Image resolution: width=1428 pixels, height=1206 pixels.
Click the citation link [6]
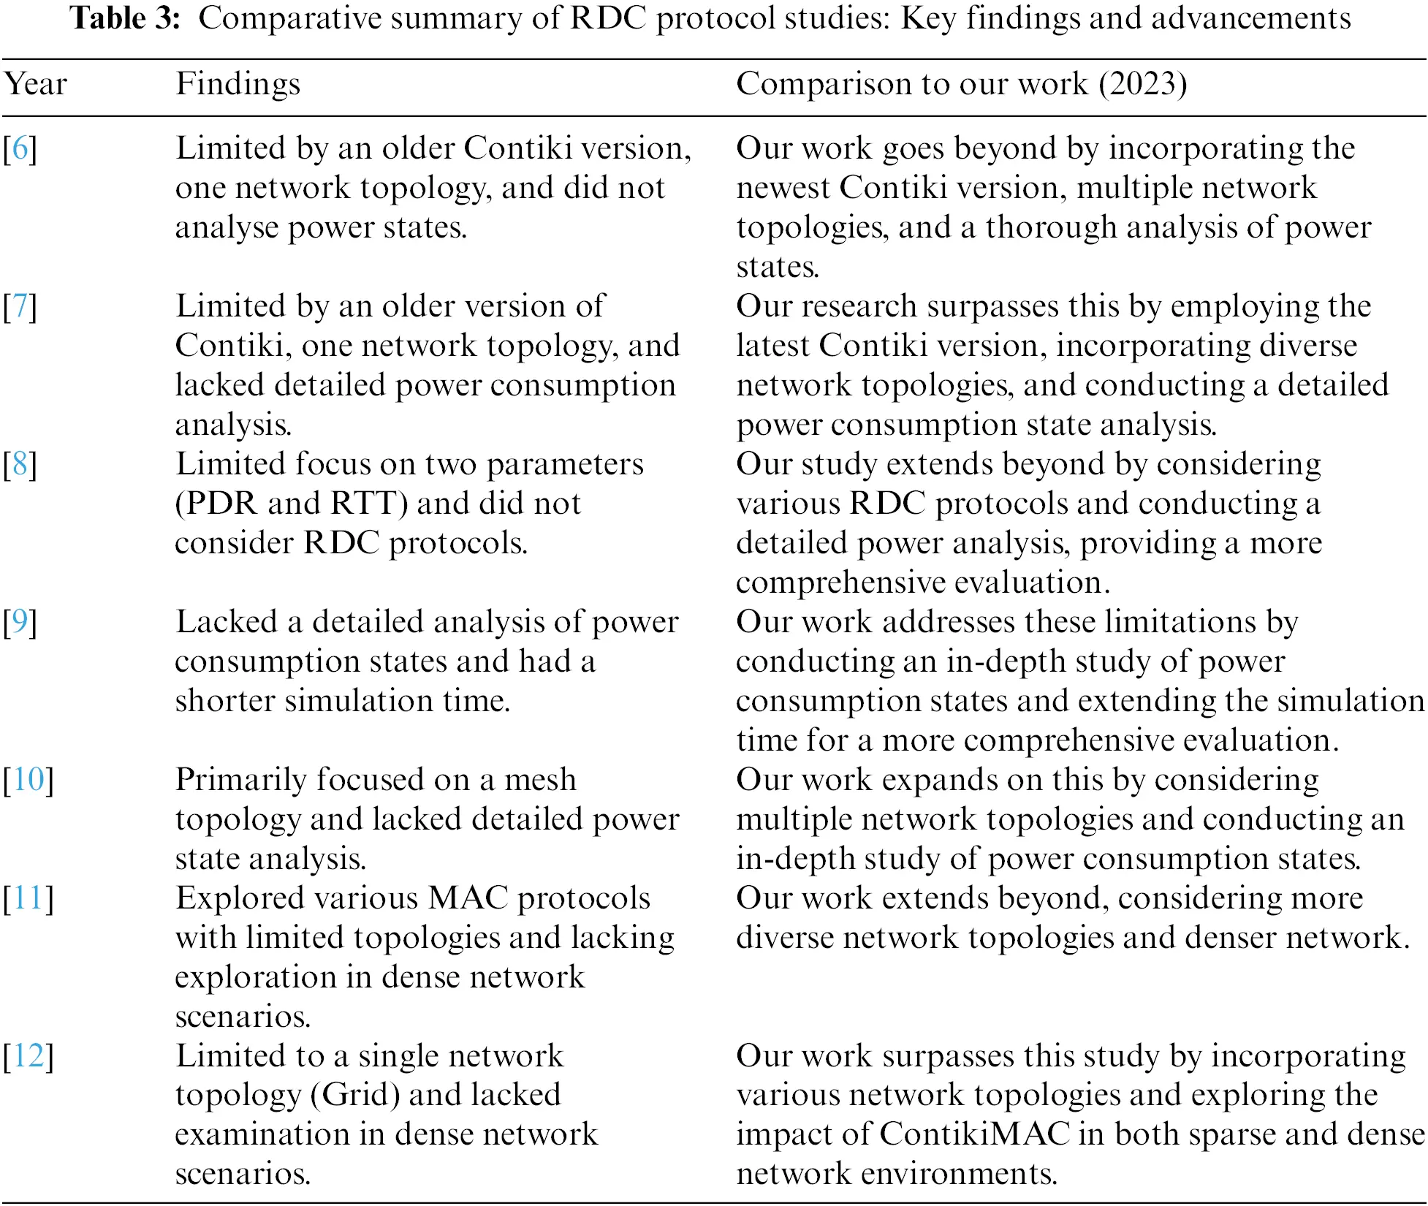click(x=20, y=148)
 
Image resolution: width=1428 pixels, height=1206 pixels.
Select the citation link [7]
click(x=20, y=306)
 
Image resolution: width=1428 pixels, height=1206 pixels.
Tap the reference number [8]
click(x=20, y=464)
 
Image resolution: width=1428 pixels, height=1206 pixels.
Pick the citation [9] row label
click(x=20, y=622)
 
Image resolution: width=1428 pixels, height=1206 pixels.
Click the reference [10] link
click(x=29, y=780)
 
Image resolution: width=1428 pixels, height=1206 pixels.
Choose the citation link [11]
click(x=29, y=898)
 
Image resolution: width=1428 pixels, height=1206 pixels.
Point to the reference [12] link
click(x=29, y=1056)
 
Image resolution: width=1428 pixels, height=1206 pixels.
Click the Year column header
click(x=35, y=84)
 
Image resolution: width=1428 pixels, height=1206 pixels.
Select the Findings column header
click(x=238, y=84)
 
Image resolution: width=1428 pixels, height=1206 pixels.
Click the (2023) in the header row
click(x=1142, y=84)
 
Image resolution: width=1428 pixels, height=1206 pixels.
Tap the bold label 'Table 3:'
click(x=125, y=18)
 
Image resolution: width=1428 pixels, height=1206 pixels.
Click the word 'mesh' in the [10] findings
click(x=540, y=780)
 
